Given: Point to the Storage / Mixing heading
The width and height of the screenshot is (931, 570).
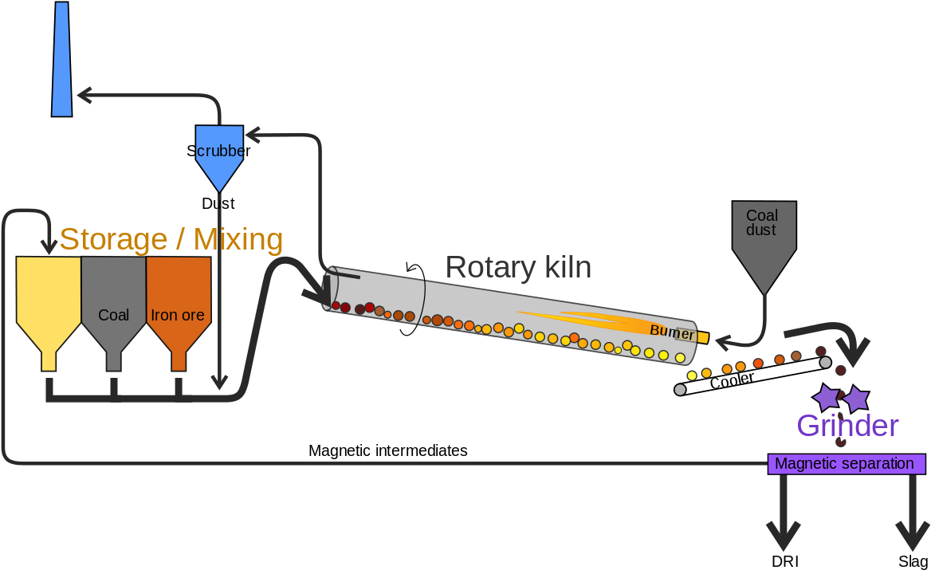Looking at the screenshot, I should point(171,239).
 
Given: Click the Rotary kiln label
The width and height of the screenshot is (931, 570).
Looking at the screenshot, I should point(518,267).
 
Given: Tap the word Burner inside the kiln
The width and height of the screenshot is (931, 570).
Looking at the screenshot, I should point(672,331).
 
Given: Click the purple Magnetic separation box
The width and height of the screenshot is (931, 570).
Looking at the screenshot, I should point(845,464).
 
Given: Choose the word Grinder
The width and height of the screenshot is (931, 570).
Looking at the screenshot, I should point(847,426).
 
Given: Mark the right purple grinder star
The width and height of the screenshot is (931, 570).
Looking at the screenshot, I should point(855,398).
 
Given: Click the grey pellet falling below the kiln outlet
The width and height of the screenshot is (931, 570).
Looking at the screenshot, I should point(680,390).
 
